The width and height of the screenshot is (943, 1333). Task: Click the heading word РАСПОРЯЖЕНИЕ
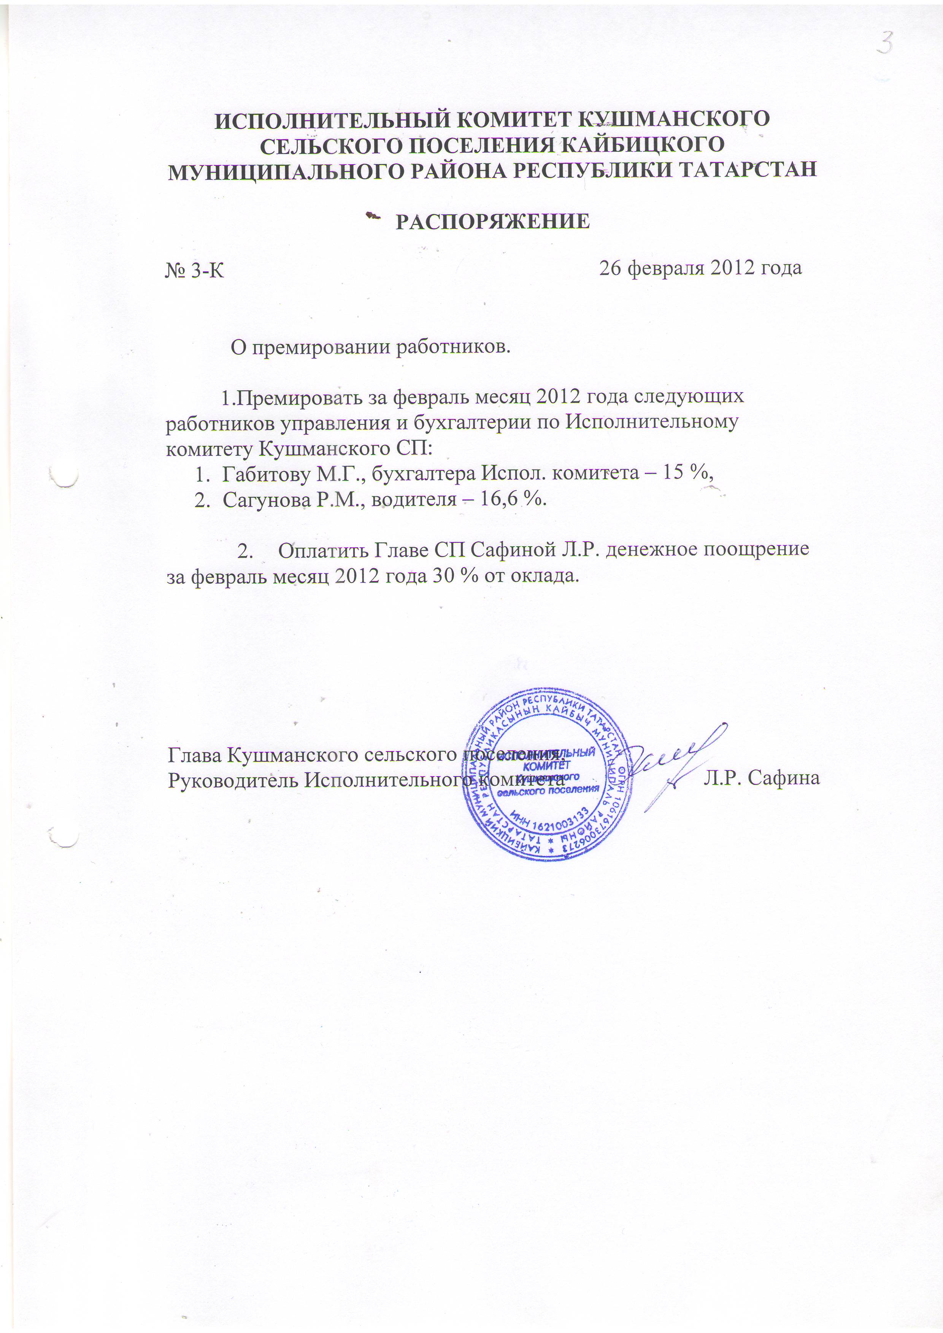pos(492,222)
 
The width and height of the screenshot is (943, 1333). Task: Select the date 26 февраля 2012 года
pos(700,268)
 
